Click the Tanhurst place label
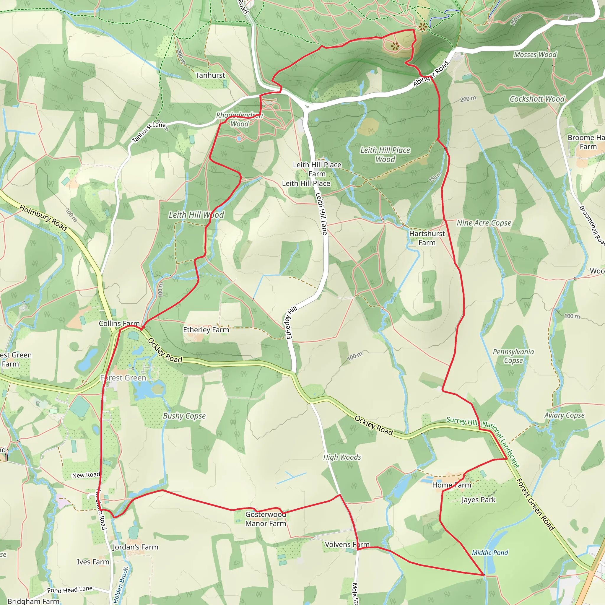click(x=210, y=75)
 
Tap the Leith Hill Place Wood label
click(x=385, y=155)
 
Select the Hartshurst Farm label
click(x=427, y=238)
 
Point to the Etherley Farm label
click(x=206, y=330)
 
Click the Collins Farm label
click(x=119, y=323)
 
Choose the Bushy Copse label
click(x=184, y=416)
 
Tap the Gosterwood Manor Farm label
click(x=266, y=519)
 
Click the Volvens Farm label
click(x=347, y=544)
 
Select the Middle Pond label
click(x=490, y=553)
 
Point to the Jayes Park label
click(x=478, y=500)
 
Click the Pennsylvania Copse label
click(x=513, y=356)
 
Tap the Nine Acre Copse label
click(x=484, y=223)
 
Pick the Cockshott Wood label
click(x=537, y=99)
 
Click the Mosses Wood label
click(x=535, y=54)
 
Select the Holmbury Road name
click(x=43, y=218)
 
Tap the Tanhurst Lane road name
click(x=149, y=132)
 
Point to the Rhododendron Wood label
click(x=240, y=120)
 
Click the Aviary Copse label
click(x=564, y=415)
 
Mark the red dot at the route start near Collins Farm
click(x=141, y=328)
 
